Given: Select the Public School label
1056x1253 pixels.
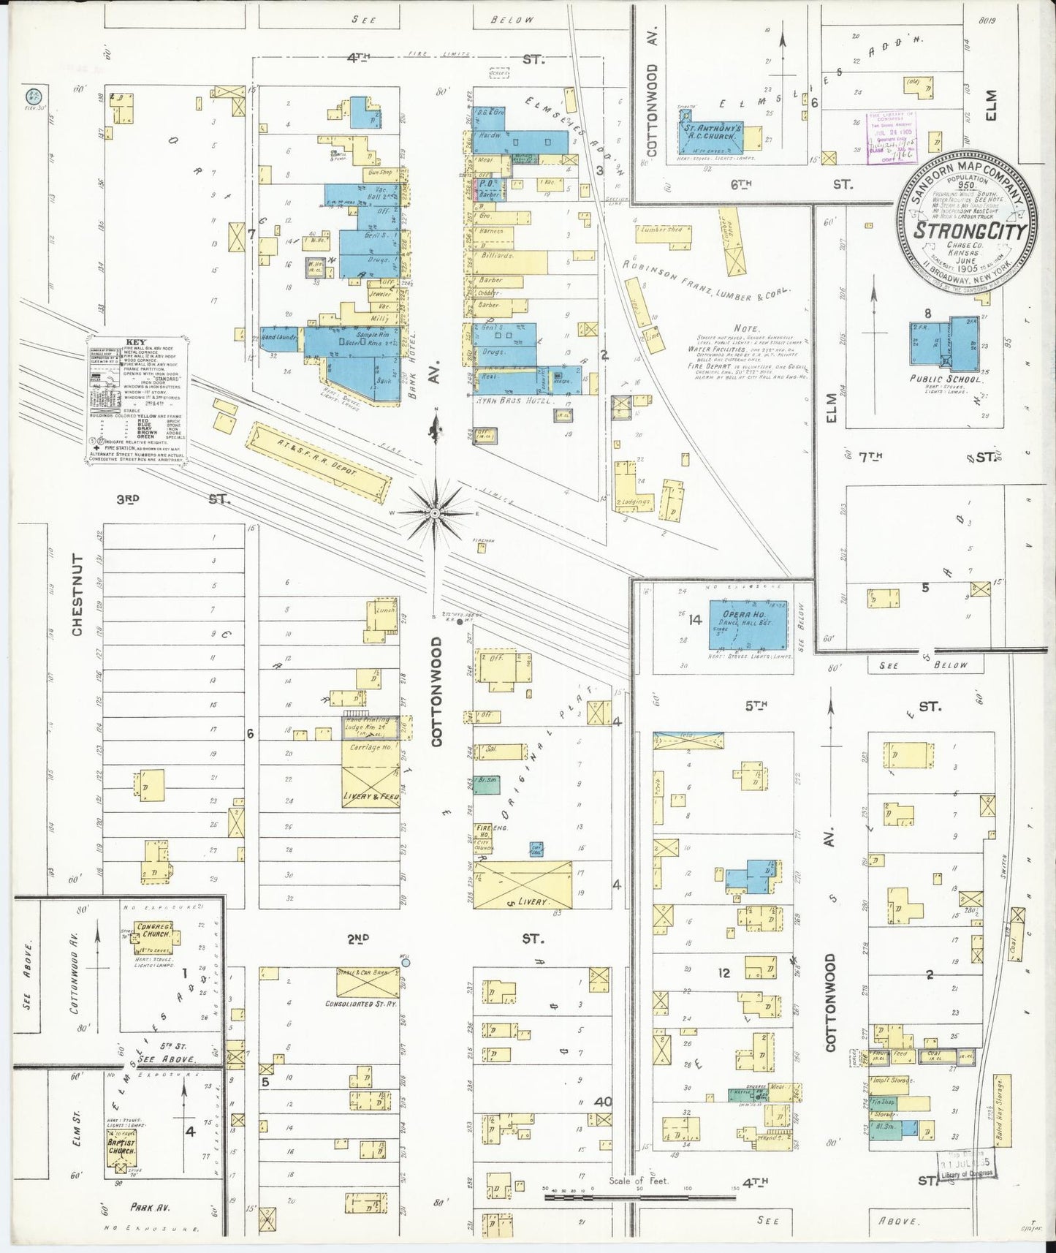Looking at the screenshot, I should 946,379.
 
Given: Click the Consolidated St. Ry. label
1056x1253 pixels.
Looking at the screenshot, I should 361,1004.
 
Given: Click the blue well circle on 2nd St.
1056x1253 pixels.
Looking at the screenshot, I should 406,963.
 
